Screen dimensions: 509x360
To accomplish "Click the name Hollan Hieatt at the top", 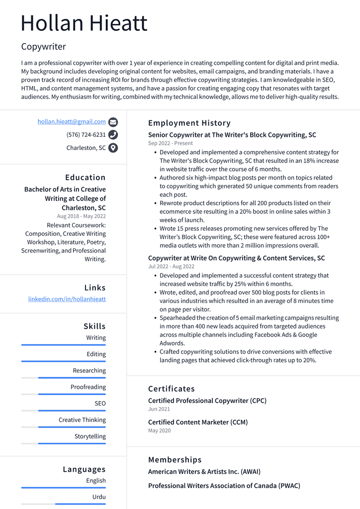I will pyautogui.click(x=84, y=23).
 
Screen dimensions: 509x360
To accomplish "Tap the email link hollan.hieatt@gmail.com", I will pyautogui.click(x=72, y=121).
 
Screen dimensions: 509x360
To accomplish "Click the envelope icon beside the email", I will pyautogui.click(x=113, y=122).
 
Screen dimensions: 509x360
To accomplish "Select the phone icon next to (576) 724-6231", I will pyautogui.click(x=113, y=135).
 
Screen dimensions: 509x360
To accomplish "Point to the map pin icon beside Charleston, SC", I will pyautogui.click(x=113, y=148).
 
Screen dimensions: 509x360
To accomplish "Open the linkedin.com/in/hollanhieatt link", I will pyautogui.click(x=67, y=299).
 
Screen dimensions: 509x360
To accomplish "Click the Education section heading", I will pyautogui.click(x=85, y=178).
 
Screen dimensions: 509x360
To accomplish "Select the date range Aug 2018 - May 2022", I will pyautogui.click(x=81, y=216).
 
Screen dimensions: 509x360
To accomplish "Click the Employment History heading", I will pyautogui.click(x=189, y=123).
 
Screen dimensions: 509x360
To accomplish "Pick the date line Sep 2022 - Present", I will pyautogui.click(x=170, y=143).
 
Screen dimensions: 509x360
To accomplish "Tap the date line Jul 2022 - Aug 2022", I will pyautogui.click(x=171, y=267).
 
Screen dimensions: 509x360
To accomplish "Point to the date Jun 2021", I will pyautogui.click(x=159, y=409).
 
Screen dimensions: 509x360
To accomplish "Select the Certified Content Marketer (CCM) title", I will pyautogui.click(x=198, y=422).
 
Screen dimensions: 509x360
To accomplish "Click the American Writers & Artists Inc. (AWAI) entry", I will pyautogui.click(x=204, y=472).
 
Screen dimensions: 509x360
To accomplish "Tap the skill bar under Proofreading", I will pyautogui.click(x=64, y=394).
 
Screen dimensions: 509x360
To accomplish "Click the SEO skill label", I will pyautogui.click(x=100, y=404).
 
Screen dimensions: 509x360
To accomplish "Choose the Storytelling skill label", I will pyautogui.click(x=90, y=436).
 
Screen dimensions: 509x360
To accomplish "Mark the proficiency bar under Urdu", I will pyautogui.click(x=64, y=504).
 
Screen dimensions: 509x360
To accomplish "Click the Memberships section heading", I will pyautogui.click(x=175, y=460).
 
